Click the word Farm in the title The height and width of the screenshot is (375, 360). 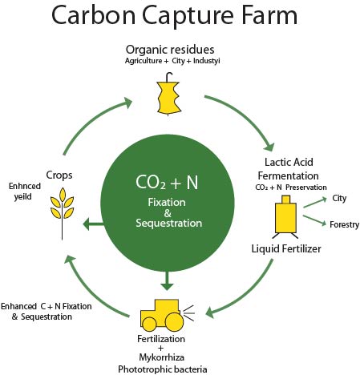point(269,15)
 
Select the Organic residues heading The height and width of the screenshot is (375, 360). point(170,50)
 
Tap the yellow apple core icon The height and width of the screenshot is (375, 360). point(168,95)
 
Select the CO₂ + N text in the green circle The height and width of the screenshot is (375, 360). point(167,183)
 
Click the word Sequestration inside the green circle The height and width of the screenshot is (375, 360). point(168,223)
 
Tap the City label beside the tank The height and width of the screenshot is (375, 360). point(339,199)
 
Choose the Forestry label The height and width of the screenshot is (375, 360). point(344,224)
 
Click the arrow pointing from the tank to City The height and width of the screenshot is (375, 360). point(315,203)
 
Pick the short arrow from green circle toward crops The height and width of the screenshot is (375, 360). point(93,224)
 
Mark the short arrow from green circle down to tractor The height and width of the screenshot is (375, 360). point(168,280)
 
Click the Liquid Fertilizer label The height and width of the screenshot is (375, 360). point(286,249)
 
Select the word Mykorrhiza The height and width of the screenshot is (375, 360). point(161,357)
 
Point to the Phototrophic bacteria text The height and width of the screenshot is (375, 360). point(163,369)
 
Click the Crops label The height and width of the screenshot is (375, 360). point(59,175)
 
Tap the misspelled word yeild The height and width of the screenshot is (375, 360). point(22,197)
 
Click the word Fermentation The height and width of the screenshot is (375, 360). point(288,176)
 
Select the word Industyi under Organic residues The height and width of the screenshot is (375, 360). point(206,61)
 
